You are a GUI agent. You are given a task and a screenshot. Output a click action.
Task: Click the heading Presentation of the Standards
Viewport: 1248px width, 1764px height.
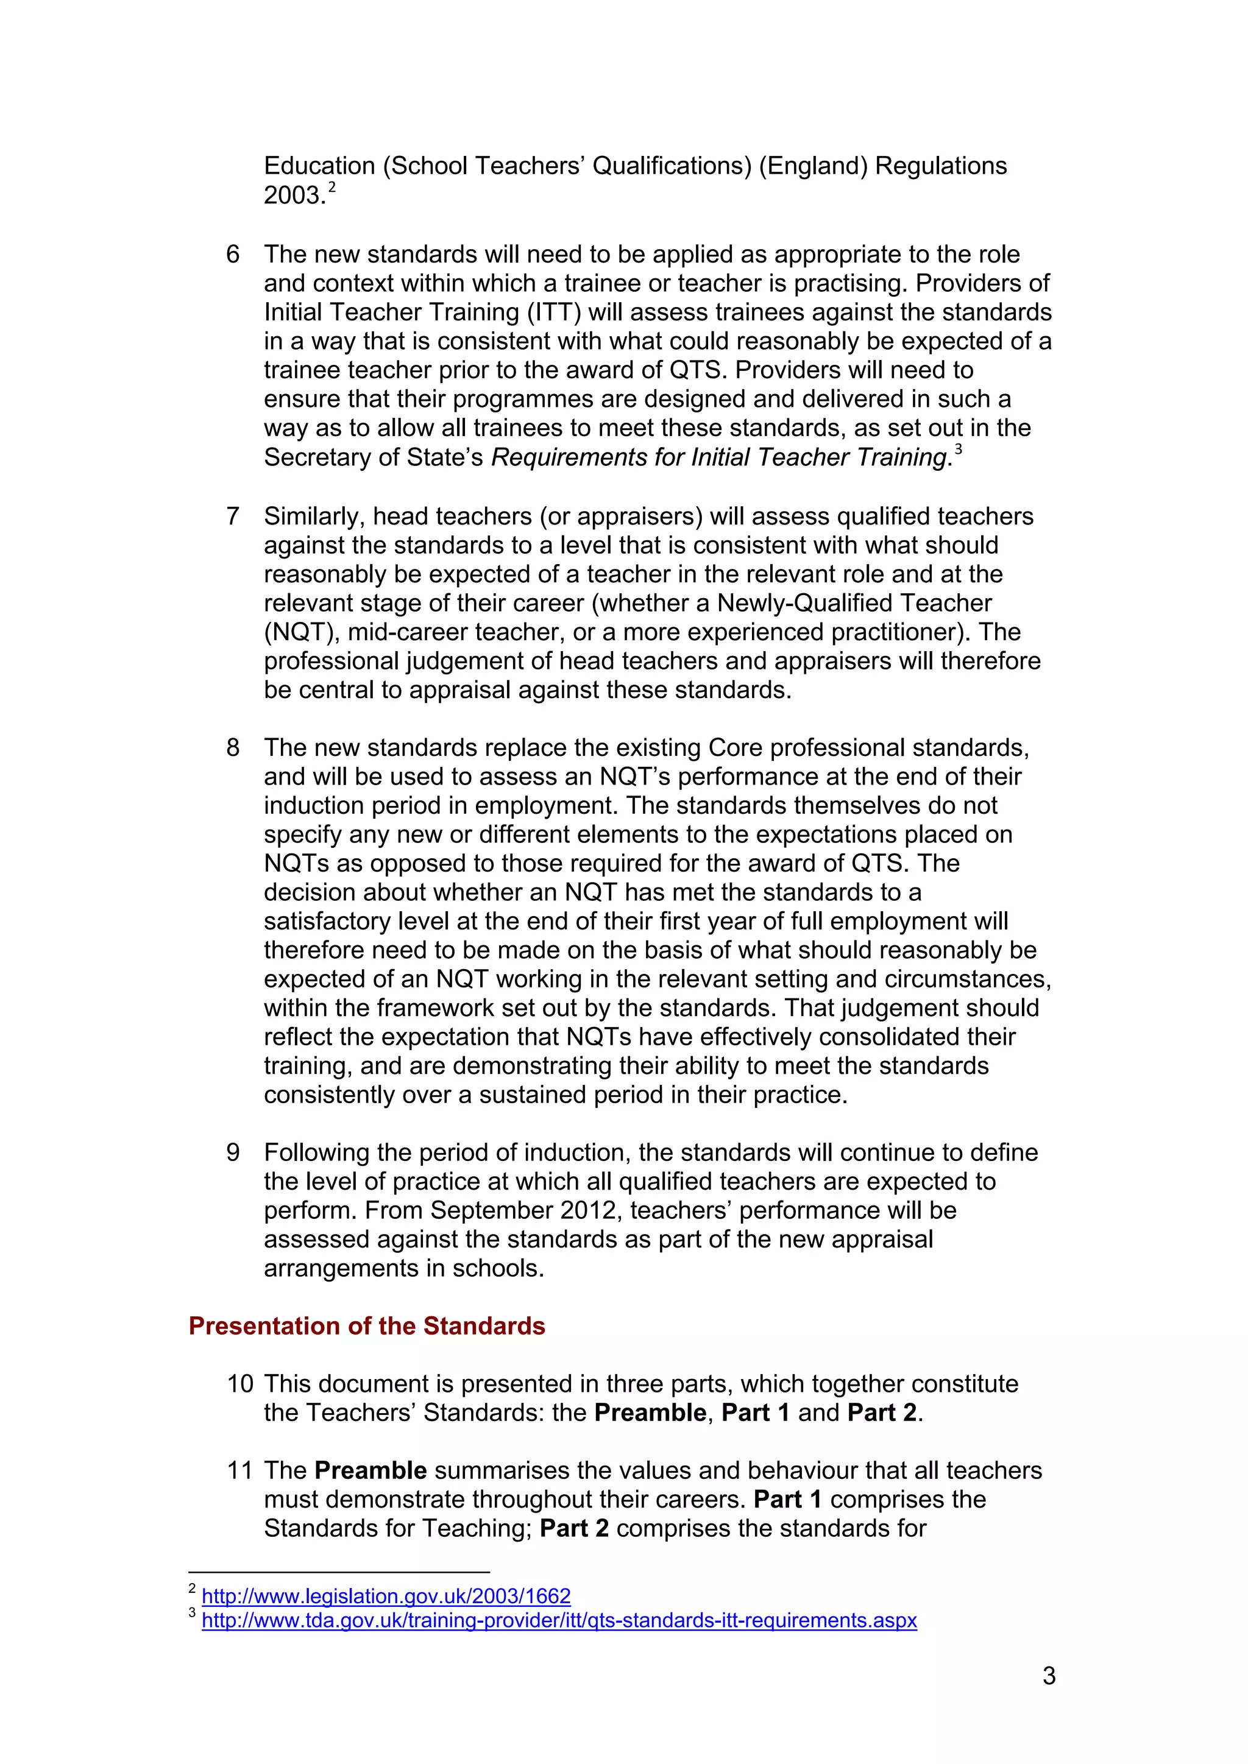click(x=367, y=1326)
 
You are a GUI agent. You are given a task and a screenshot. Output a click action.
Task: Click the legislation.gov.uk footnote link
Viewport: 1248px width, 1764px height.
click(x=386, y=1596)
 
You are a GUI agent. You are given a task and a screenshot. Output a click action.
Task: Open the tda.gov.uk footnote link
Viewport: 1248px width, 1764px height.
click(x=559, y=1620)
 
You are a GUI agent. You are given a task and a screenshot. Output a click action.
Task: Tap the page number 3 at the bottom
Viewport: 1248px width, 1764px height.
click(x=1049, y=1676)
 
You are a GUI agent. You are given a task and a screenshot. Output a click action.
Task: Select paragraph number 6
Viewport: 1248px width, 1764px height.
click(x=233, y=254)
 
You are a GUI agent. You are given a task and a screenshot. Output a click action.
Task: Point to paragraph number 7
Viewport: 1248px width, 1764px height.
click(x=233, y=517)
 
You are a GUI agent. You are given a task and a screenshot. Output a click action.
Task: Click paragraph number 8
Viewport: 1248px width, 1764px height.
click(x=233, y=747)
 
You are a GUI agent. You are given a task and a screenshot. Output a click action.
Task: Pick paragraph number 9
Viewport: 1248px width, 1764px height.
click(x=233, y=1152)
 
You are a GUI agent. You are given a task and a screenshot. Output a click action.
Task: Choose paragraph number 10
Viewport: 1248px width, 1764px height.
click(x=239, y=1384)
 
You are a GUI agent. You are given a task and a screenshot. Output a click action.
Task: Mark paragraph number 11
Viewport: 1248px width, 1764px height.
click(x=239, y=1470)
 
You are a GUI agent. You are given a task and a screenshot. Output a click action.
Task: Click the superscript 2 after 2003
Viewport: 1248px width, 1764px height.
click(x=332, y=187)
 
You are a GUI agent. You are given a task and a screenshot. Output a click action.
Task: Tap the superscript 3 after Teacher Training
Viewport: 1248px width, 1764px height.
click(x=959, y=449)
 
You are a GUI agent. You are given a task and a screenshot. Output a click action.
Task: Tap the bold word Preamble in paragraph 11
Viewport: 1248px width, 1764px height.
click(x=370, y=1470)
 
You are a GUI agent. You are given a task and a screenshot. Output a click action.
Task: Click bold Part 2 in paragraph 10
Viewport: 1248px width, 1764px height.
click(x=881, y=1413)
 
